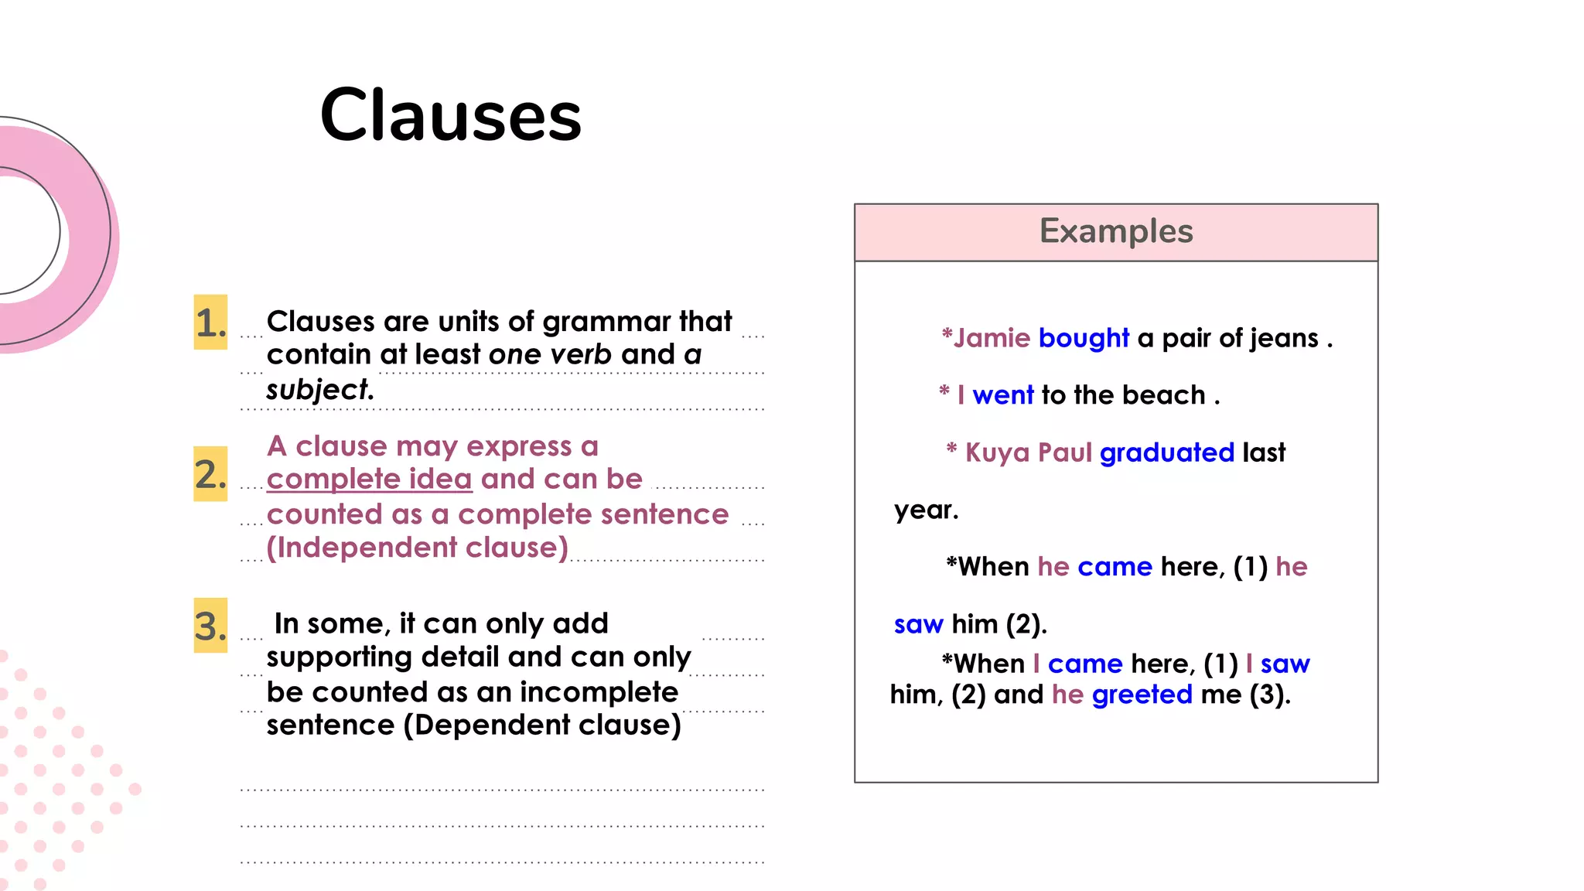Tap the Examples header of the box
(1115, 231)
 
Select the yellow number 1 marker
(210, 323)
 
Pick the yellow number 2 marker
(210, 474)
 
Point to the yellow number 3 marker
(210, 626)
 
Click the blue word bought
(1084, 338)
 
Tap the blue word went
(1002, 395)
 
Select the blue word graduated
(1166, 452)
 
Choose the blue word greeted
(1142, 695)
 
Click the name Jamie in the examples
(992, 338)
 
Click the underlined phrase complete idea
(369, 479)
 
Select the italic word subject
(318, 389)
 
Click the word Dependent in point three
(491, 725)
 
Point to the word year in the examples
(925, 510)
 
